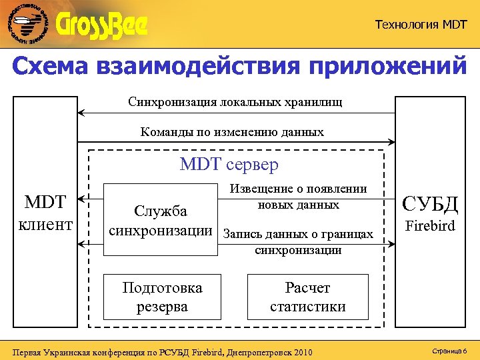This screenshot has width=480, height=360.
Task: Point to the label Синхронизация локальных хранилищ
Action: click(235, 102)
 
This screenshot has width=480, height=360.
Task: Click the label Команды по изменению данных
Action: click(232, 132)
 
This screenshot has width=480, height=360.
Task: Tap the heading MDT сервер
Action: click(229, 164)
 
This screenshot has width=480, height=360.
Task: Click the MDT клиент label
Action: click(48, 213)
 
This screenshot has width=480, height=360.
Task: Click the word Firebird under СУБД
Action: click(430, 226)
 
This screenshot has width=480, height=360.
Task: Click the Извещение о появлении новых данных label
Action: click(298, 197)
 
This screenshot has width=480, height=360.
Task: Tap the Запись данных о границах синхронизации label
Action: click(298, 241)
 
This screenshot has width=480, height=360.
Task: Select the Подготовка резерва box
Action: click(162, 297)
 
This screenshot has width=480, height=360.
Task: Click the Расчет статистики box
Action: click(307, 297)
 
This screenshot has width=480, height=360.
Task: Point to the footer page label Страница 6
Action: click(449, 350)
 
